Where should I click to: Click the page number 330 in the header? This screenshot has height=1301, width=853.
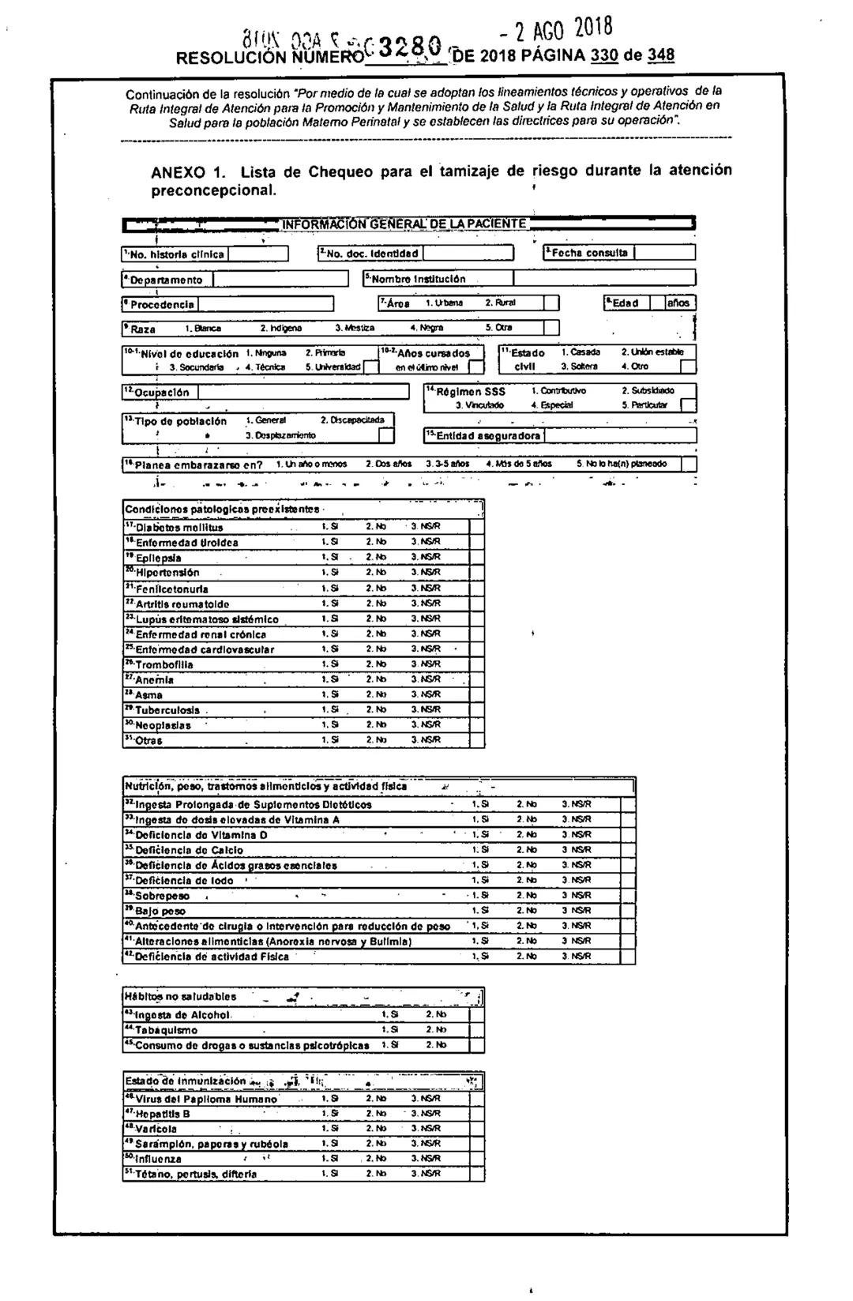pyautogui.click(x=604, y=56)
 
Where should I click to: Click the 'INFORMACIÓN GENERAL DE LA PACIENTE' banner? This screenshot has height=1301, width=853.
pyautogui.click(x=404, y=224)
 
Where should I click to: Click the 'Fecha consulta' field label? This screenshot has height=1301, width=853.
pyautogui.click(x=590, y=253)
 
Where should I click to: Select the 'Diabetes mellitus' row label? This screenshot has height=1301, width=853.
pyautogui.click(x=178, y=528)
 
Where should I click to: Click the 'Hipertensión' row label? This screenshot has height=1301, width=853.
pyautogui.click(x=167, y=573)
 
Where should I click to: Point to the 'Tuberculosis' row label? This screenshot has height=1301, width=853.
pyautogui.click(x=167, y=710)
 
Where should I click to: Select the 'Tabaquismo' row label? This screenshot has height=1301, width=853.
pyautogui.click(x=166, y=1030)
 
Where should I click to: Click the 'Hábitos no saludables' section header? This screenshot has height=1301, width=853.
pyautogui.click(x=181, y=997)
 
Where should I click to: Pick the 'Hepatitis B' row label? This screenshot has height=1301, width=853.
pyautogui.click(x=162, y=1114)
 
